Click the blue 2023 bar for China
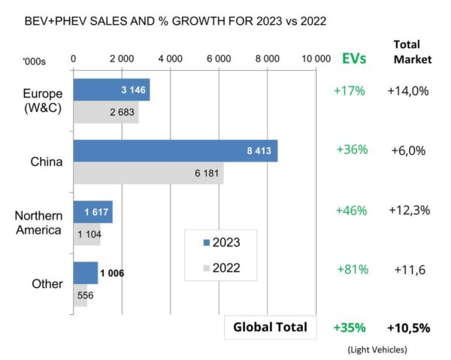[174, 151]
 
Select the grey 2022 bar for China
[148, 174]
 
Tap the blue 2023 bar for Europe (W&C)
[111, 90]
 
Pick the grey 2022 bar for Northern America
[86, 234]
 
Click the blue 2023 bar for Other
[85, 273]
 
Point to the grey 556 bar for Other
[80, 295]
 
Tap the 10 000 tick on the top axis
[316, 58]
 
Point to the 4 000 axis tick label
[170, 58]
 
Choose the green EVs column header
[354, 59]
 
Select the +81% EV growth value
[350, 269]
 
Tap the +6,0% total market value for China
[408, 150]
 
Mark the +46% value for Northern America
[350, 210]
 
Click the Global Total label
[270, 327]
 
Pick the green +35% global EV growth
[350, 328]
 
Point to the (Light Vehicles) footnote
[377, 349]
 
